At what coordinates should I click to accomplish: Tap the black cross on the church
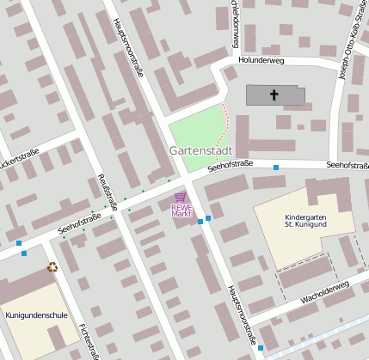pyautogui.click(x=275, y=95)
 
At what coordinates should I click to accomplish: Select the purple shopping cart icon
pyautogui.click(x=180, y=197)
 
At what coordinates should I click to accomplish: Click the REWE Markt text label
pyautogui.click(x=181, y=210)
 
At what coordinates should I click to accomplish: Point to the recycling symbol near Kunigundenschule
pyautogui.click(x=52, y=267)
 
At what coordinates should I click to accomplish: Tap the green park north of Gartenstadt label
pyautogui.click(x=195, y=127)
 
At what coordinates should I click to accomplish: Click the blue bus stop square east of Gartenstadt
pyautogui.click(x=276, y=167)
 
